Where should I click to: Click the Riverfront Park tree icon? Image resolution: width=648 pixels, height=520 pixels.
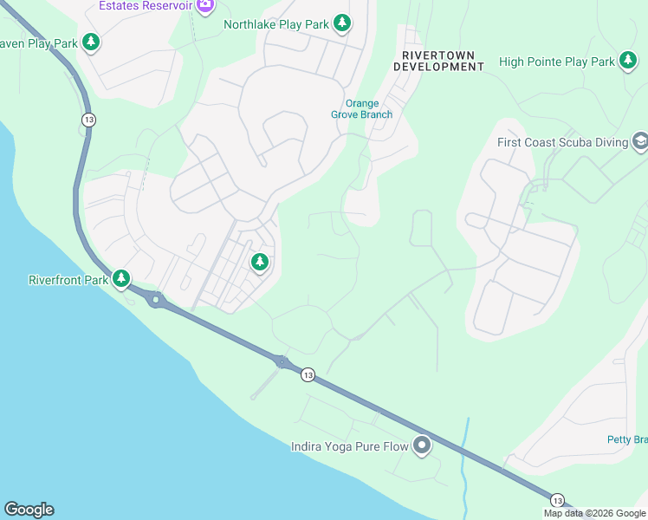pos(122,278)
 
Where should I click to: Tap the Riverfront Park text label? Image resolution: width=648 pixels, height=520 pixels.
pos(68,280)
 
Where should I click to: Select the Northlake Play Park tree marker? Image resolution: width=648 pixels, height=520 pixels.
pos(342,23)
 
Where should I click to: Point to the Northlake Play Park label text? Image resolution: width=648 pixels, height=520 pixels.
pos(276,24)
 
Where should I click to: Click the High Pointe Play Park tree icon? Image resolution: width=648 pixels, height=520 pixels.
pos(628,62)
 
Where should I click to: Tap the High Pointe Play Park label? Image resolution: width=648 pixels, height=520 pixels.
pos(556,62)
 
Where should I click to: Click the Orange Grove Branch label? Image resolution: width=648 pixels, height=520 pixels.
pos(362,108)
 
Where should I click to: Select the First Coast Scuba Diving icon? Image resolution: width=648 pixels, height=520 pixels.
pos(640,141)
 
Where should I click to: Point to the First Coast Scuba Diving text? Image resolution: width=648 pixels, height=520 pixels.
pos(562,142)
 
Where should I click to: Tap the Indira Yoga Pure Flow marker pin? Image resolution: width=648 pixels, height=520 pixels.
pos(422,445)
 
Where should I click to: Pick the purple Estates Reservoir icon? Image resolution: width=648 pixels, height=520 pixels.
pos(205,6)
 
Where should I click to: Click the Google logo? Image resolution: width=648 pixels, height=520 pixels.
pos(29,510)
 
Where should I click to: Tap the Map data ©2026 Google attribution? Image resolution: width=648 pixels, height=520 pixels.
pos(595,513)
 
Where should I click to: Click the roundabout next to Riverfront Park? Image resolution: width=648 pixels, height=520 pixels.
pos(156,301)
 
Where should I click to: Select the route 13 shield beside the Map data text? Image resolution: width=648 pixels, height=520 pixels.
pos(557,500)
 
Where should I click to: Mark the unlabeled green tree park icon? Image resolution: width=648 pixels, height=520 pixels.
pos(259,262)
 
